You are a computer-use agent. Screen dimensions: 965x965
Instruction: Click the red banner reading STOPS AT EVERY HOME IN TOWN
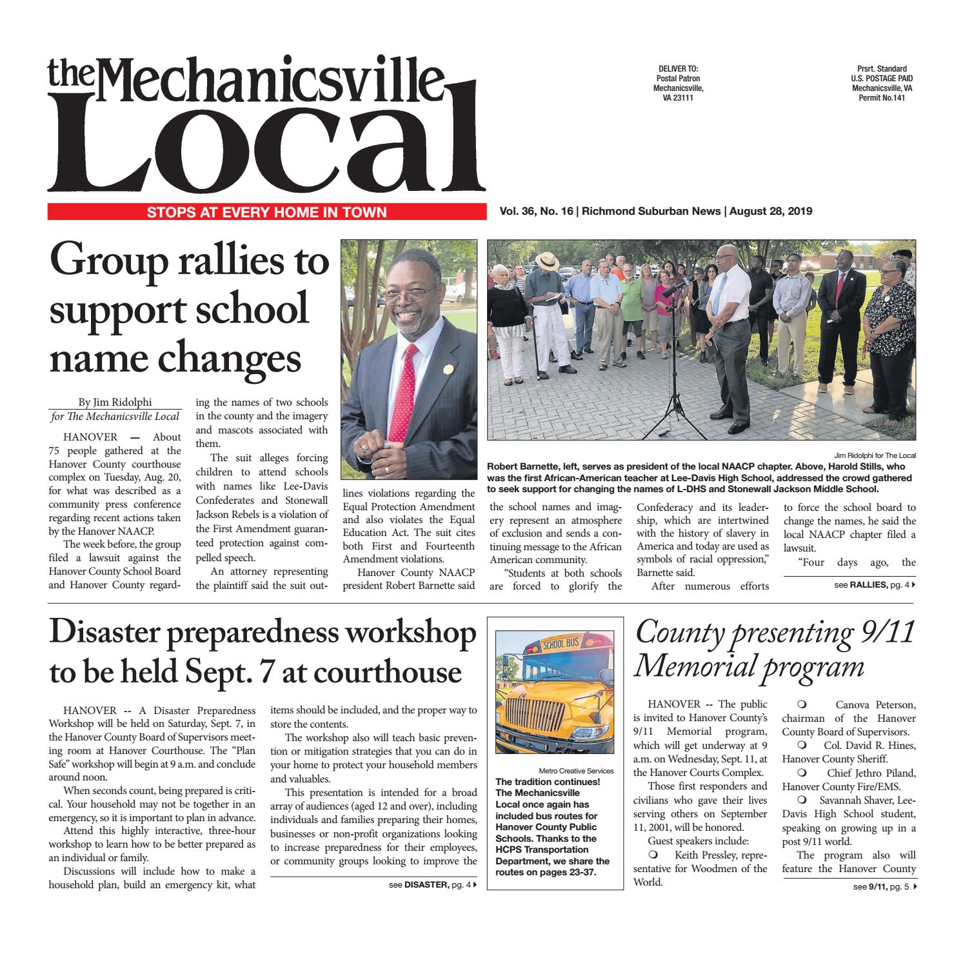tap(266, 212)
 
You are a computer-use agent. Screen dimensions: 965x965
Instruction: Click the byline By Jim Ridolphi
tap(115, 402)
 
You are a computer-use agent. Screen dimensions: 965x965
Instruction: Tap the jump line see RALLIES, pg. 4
tap(874, 586)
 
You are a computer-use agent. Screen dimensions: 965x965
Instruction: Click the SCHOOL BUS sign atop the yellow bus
tap(553, 644)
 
